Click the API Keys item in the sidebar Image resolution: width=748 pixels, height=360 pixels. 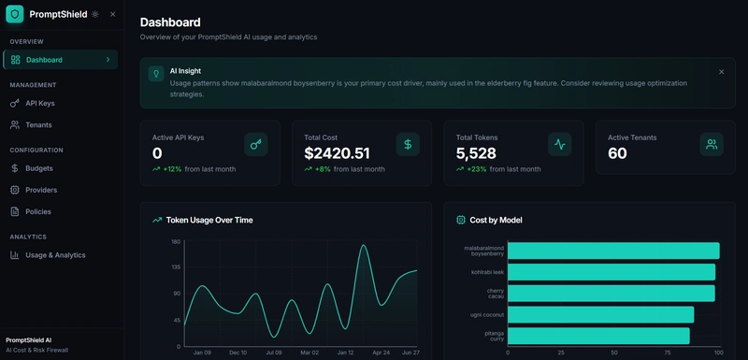(39, 103)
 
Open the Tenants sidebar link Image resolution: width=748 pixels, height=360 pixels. (38, 124)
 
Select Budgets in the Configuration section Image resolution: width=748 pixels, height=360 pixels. (38, 168)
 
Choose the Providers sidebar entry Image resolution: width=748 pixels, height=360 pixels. (41, 190)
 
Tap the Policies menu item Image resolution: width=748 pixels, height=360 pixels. (38, 211)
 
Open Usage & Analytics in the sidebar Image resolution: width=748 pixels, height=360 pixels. (55, 254)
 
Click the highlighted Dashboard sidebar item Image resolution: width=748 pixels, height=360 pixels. (60, 60)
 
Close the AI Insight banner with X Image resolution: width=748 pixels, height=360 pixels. (721, 71)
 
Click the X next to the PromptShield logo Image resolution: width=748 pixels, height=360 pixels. (113, 14)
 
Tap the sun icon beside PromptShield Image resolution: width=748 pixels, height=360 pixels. (95, 14)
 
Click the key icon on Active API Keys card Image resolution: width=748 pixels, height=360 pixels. (256, 144)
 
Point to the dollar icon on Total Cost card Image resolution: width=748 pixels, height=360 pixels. (408, 144)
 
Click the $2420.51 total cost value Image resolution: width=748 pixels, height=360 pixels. (337, 153)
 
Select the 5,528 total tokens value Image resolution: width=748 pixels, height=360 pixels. (476, 153)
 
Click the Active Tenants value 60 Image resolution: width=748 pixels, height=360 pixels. (617, 153)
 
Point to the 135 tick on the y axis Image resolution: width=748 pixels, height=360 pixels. (176, 267)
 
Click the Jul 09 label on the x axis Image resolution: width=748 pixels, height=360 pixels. (273, 353)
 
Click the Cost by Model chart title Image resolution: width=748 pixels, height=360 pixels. (496, 220)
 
